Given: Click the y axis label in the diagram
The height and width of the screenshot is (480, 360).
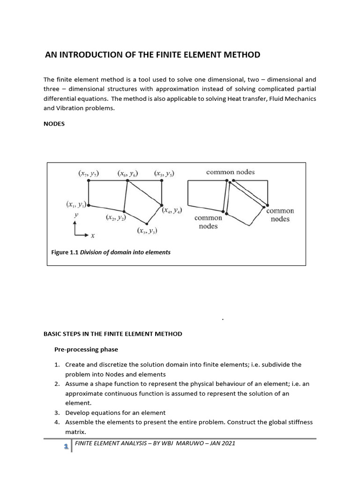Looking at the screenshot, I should [76, 214].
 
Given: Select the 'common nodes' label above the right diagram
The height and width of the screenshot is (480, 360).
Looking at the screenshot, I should [230, 172].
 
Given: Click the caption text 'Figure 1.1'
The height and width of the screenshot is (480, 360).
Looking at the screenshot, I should [65, 252].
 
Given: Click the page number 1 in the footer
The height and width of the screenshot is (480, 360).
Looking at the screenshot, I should [66, 447].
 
